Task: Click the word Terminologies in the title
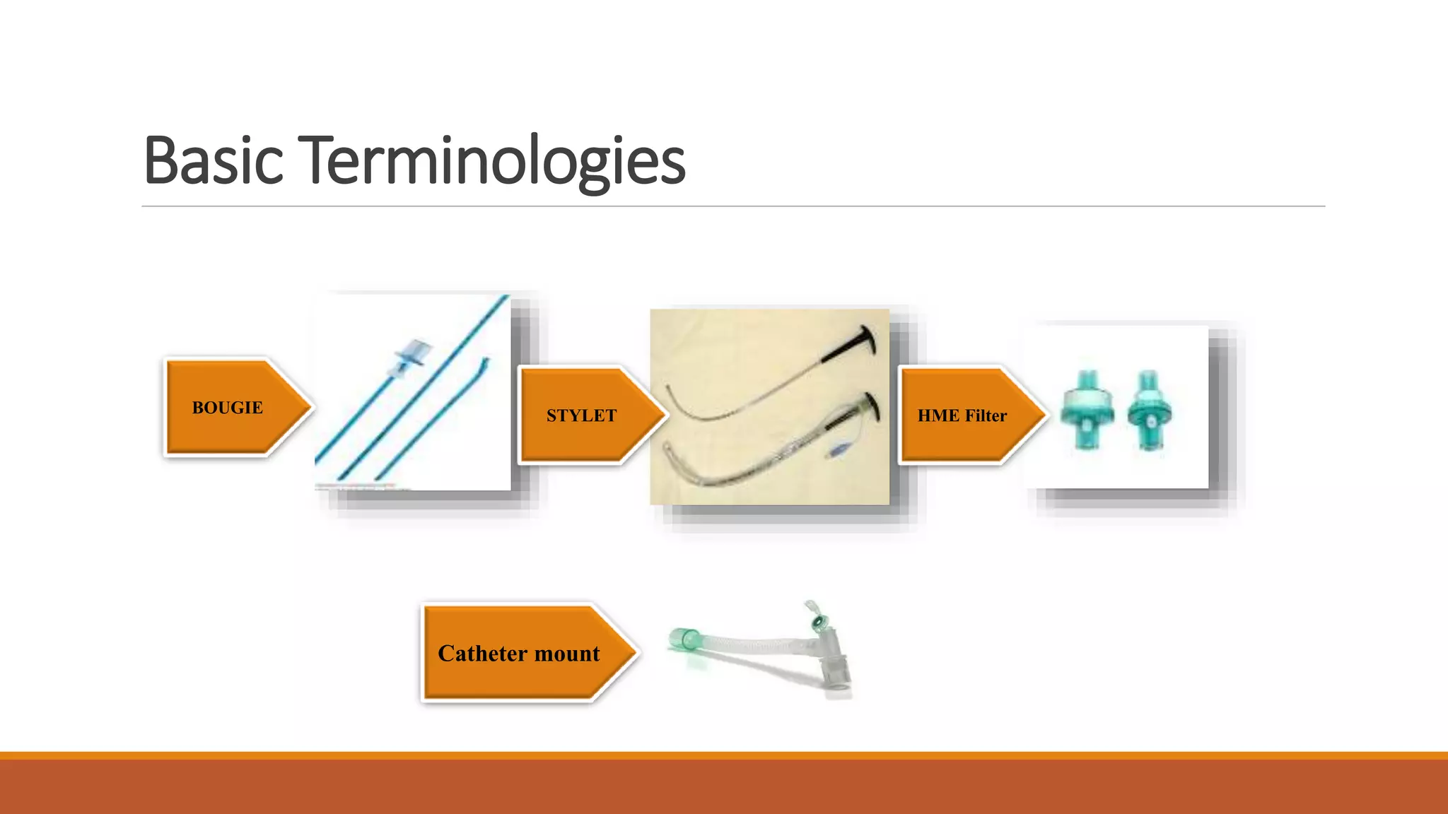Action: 495,160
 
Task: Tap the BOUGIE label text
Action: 227,408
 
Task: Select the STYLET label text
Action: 581,415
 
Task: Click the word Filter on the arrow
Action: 986,415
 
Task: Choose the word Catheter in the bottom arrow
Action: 483,654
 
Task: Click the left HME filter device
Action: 1087,411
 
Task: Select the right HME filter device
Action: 1149,411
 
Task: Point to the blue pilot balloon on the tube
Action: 838,450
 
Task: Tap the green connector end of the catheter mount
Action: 684,639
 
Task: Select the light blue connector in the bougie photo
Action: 411,353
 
